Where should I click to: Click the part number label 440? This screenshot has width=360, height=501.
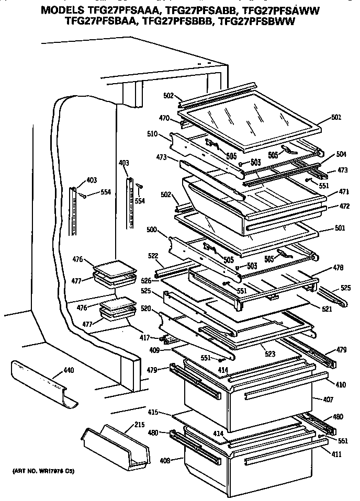69,371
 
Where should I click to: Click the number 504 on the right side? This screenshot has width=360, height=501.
341,154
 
